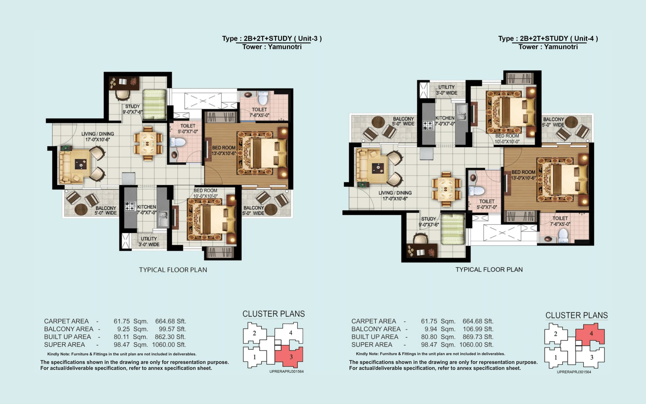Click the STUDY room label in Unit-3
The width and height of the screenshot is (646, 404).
132,107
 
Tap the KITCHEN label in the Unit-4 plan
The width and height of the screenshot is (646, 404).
445,118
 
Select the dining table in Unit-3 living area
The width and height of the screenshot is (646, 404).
148,144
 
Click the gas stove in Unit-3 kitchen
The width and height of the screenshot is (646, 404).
130,206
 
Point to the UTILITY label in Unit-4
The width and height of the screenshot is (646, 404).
446,87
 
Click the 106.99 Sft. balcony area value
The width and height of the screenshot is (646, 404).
478,329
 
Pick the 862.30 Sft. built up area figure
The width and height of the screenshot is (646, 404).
170,337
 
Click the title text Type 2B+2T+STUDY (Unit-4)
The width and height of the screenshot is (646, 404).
548,39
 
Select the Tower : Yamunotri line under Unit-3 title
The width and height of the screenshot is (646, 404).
272,47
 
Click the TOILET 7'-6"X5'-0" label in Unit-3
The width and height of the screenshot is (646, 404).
259,110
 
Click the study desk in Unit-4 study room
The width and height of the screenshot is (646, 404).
422,251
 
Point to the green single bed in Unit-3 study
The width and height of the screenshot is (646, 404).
154,104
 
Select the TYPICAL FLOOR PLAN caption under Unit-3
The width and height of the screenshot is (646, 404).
173,270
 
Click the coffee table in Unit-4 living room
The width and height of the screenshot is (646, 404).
378,168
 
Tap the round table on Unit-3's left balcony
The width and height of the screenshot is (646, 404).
81,210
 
